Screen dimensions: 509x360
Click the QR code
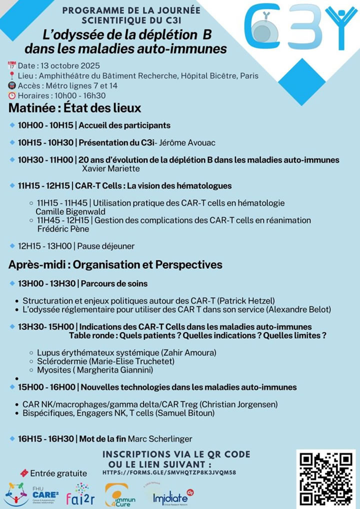pyautogui.click(x=325, y=477)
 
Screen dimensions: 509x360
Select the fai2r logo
pyautogui.click(x=84, y=494)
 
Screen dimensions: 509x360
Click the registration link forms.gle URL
pyautogui.click(x=169, y=472)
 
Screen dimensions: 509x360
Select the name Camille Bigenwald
pyautogui.click(x=65, y=211)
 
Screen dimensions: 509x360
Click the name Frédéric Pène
pyautogui.click(x=64, y=229)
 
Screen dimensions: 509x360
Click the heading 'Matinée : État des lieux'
pyautogui.click(x=74, y=108)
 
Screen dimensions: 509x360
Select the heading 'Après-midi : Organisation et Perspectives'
pyautogui.click(x=115, y=264)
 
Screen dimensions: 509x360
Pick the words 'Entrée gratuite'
pyautogui.click(x=58, y=473)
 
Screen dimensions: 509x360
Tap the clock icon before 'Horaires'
pyautogui.click(x=12, y=95)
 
